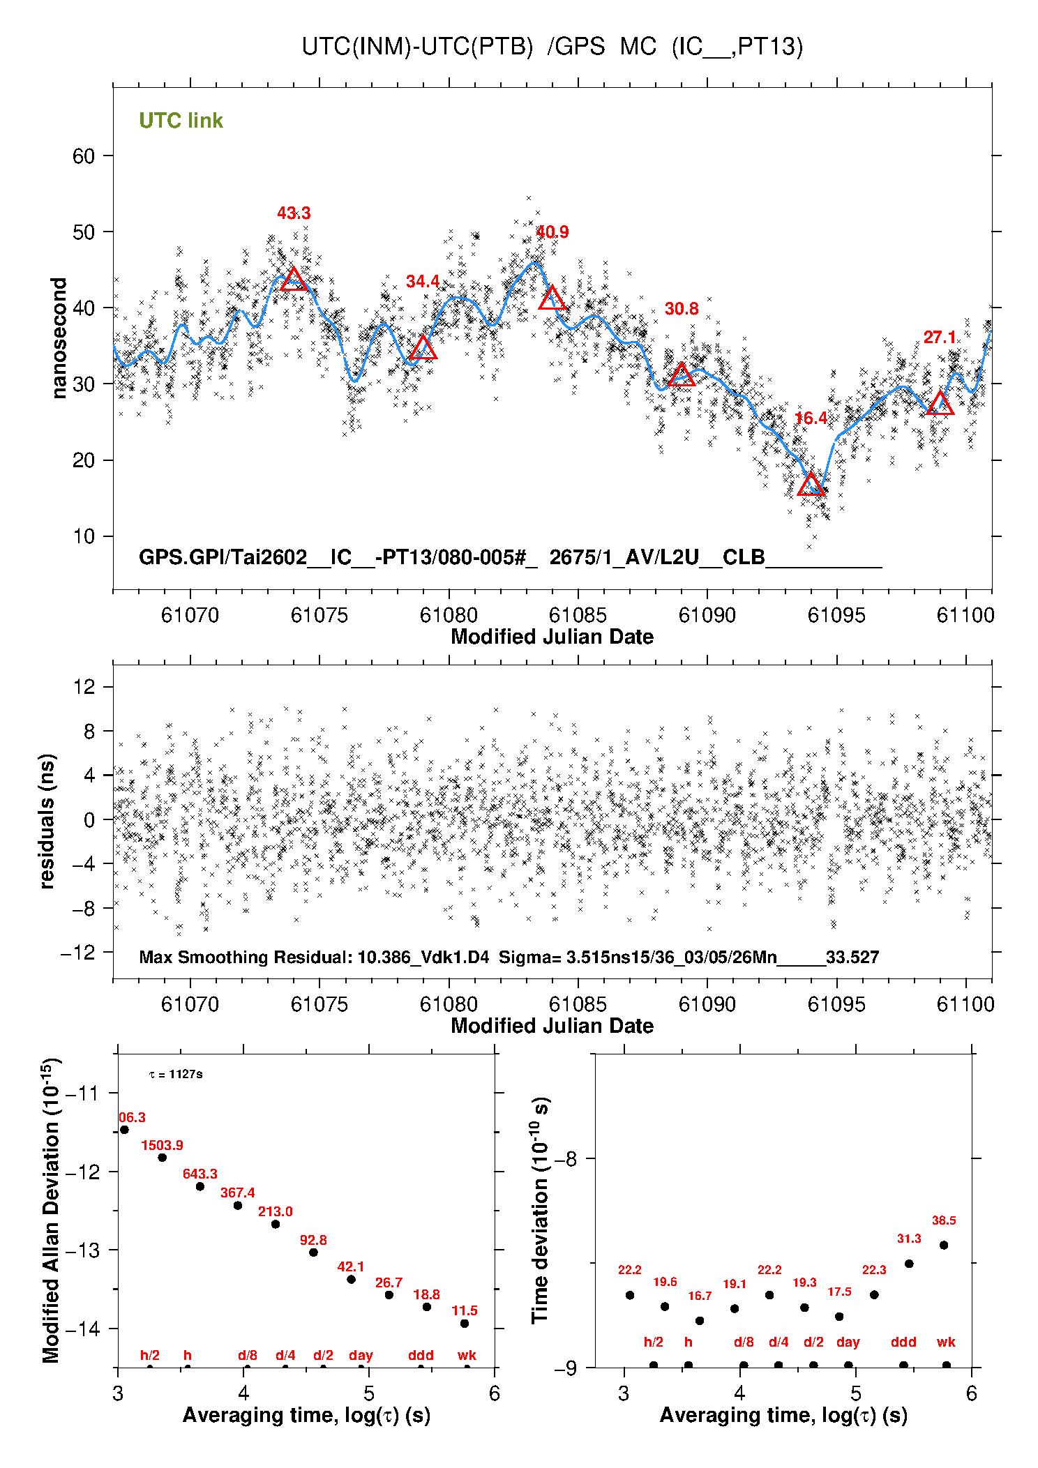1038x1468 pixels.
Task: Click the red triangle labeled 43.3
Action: [x=294, y=280]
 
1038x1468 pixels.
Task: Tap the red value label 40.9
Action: [x=552, y=232]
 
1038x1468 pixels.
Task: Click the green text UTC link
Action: [x=181, y=121]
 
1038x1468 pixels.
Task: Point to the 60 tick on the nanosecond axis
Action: [x=84, y=156]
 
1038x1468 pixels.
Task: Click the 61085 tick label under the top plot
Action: [x=578, y=615]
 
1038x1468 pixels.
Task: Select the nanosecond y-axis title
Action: [x=59, y=338]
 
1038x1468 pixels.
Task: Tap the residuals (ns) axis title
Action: [x=47, y=821]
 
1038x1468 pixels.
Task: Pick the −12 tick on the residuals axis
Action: [x=77, y=953]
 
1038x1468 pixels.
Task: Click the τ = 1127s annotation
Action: [x=176, y=1074]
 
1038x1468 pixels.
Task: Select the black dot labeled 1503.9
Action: [x=163, y=1158]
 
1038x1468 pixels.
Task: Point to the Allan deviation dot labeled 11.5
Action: [x=465, y=1324]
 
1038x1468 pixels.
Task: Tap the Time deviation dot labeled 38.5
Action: [x=944, y=1245]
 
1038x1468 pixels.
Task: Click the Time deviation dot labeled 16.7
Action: [x=700, y=1321]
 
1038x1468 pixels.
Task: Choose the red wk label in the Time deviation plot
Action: [x=946, y=1342]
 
